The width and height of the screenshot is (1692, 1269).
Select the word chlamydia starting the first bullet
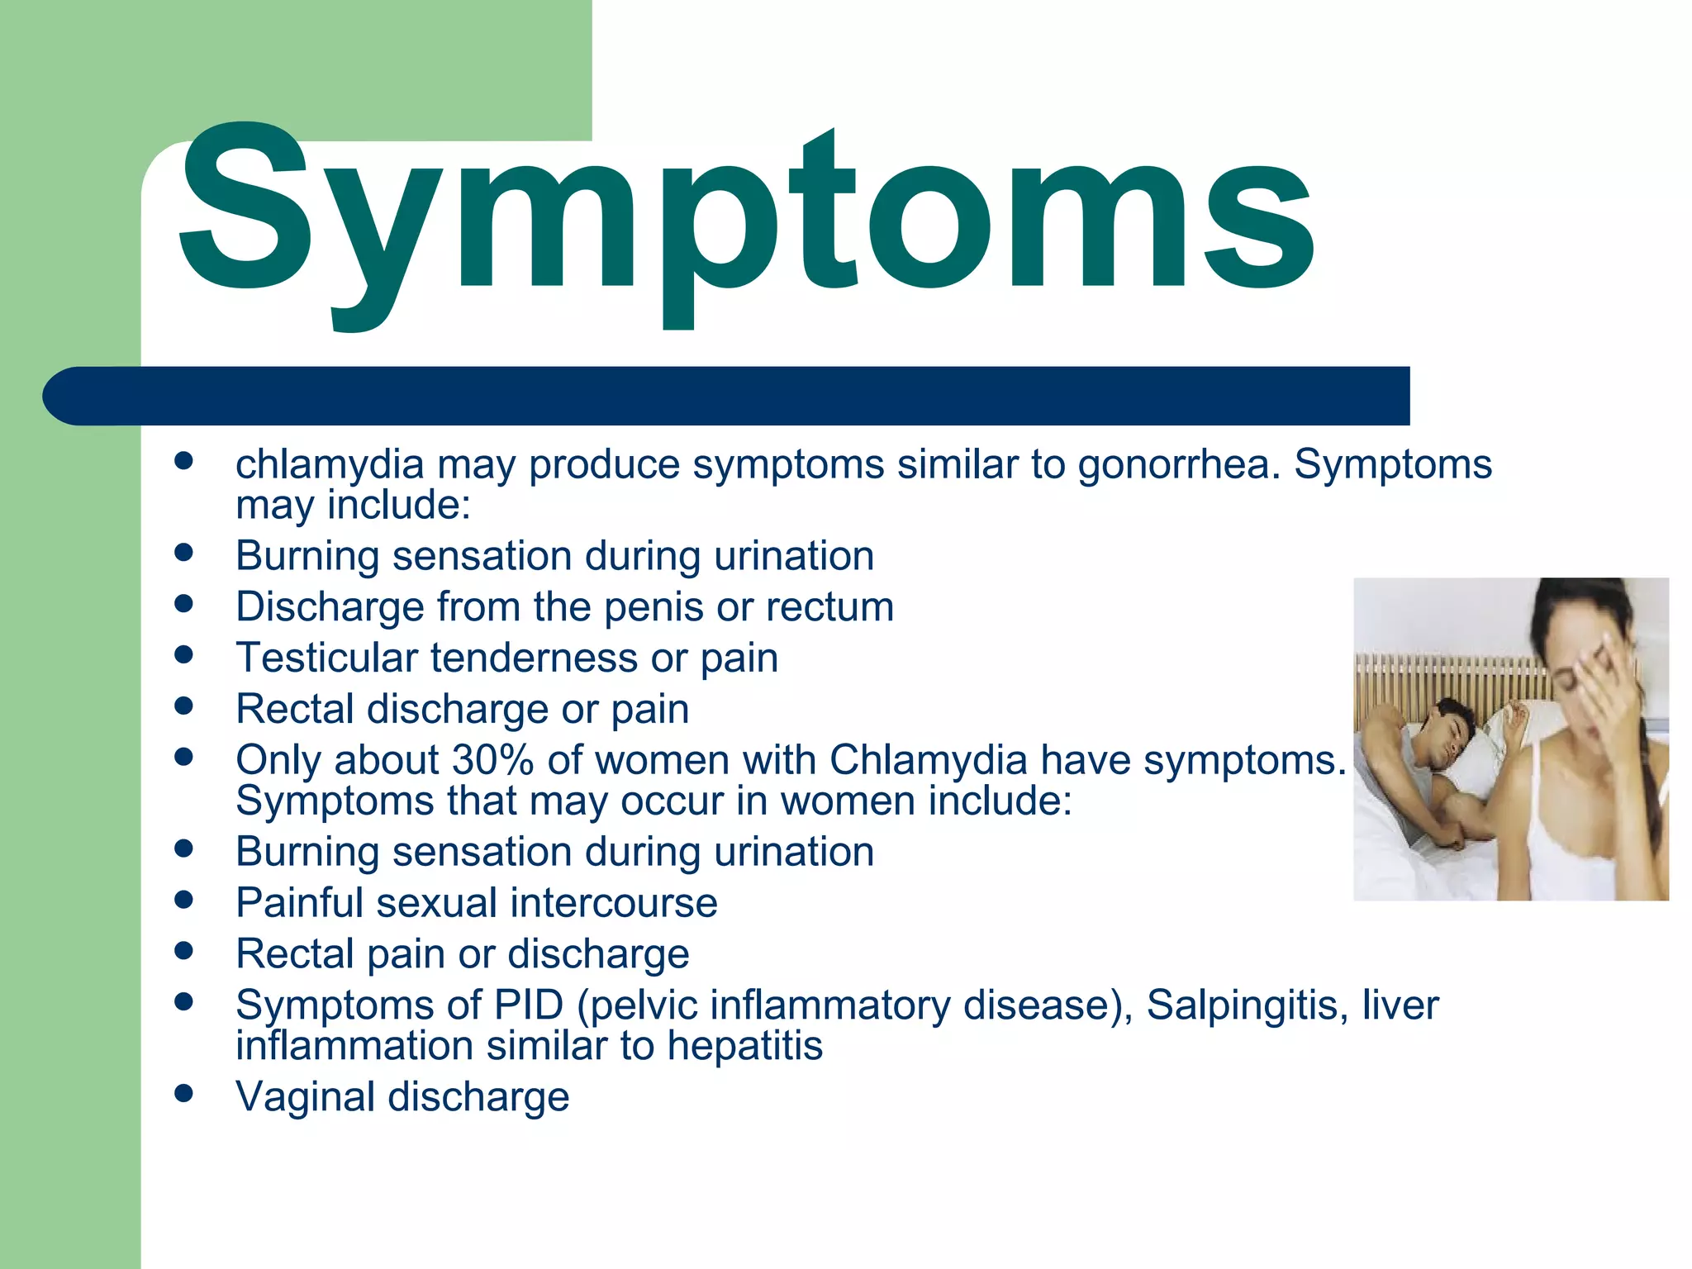coord(330,465)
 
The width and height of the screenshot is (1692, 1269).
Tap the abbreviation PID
coord(529,1005)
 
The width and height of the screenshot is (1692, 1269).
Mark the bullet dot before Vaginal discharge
coord(183,1095)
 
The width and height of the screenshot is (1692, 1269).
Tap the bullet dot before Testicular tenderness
coord(183,655)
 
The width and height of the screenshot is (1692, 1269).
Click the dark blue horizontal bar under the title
coord(727,396)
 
